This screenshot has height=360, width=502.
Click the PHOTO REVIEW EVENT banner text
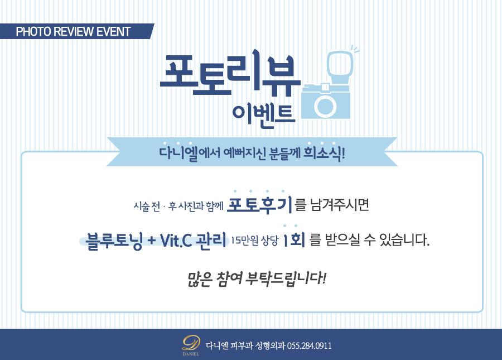click(73, 31)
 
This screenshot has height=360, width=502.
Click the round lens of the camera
click(325, 106)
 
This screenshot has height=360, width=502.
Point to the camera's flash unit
click(341, 66)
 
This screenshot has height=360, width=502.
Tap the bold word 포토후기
click(259, 204)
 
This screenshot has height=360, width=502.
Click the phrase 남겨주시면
click(340, 205)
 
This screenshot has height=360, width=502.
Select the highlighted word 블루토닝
click(114, 241)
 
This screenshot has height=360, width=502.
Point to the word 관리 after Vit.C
click(211, 240)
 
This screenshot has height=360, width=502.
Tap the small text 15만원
click(244, 240)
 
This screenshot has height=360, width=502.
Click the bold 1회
click(294, 239)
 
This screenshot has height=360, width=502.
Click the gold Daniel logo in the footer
click(191, 345)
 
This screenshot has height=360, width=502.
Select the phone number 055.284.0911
click(309, 346)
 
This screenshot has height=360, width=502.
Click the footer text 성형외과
click(270, 346)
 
